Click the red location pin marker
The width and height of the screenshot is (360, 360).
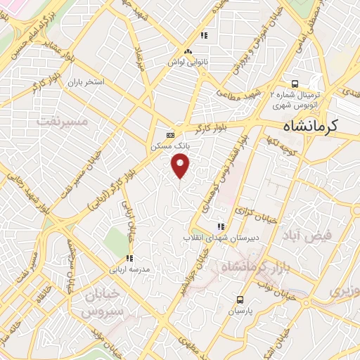click(x=181, y=165)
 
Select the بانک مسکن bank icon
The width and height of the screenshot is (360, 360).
click(x=169, y=135)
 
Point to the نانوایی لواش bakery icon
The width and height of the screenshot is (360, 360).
click(x=188, y=51)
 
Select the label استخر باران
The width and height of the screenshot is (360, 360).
click(x=86, y=82)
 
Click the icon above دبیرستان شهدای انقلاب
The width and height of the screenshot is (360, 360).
click(x=220, y=226)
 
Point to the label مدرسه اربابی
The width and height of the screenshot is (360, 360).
click(x=127, y=269)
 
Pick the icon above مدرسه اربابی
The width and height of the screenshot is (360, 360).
click(x=128, y=258)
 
